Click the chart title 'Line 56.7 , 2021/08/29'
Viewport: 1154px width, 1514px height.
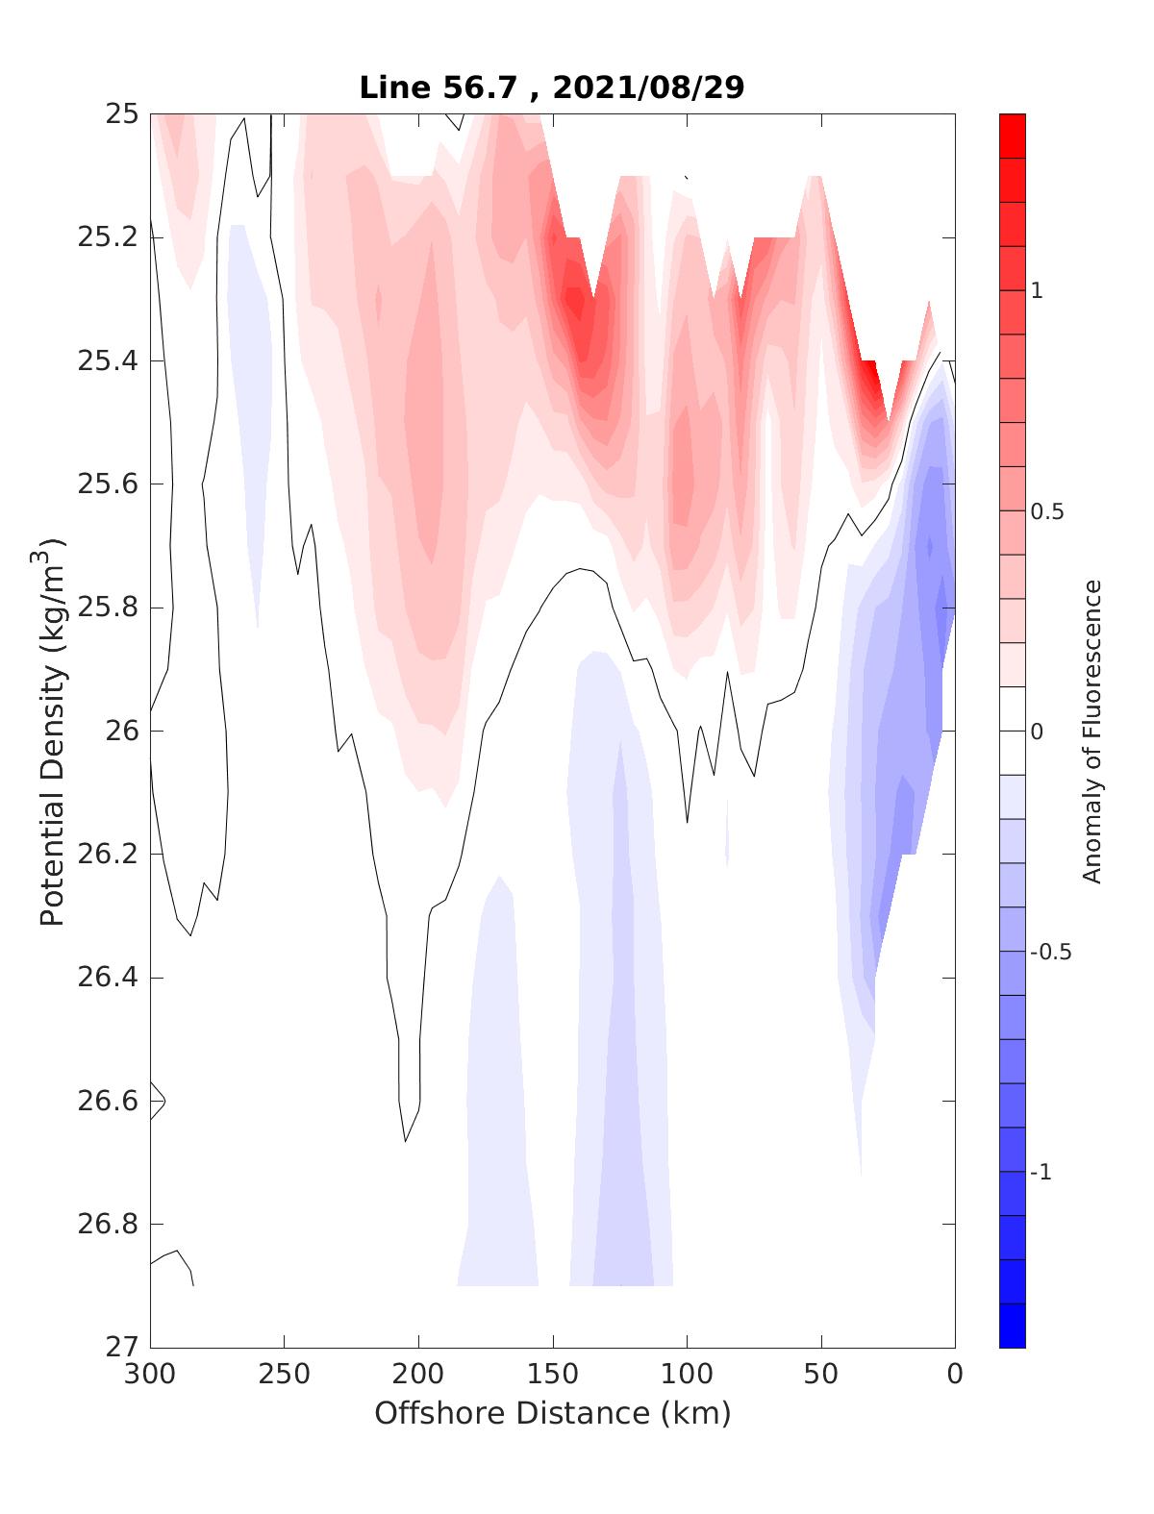pos(551,87)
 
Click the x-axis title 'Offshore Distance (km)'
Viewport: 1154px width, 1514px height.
pos(552,1413)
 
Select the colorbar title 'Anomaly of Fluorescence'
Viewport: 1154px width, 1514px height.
pos(1091,731)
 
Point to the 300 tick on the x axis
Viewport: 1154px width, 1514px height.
pos(151,1374)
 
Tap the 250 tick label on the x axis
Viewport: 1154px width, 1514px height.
pos(285,1374)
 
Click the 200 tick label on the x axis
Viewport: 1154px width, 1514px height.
pos(419,1374)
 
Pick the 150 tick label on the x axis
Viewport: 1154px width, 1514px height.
pos(553,1374)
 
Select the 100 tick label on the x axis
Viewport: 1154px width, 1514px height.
pos(687,1374)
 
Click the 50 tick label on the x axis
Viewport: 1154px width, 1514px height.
pos(821,1374)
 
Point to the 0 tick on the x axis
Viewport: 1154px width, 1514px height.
pos(955,1374)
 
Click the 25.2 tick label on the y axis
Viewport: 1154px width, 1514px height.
pos(107,237)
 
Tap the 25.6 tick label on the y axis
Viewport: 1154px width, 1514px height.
pos(107,484)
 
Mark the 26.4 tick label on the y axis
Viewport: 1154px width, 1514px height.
pos(107,978)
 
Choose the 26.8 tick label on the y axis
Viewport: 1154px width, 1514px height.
pos(107,1225)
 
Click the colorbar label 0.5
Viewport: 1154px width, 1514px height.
pos(1047,511)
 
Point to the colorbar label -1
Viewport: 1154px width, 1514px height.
pos(1041,1173)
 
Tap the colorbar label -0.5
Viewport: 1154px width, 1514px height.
pos(1050,953)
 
